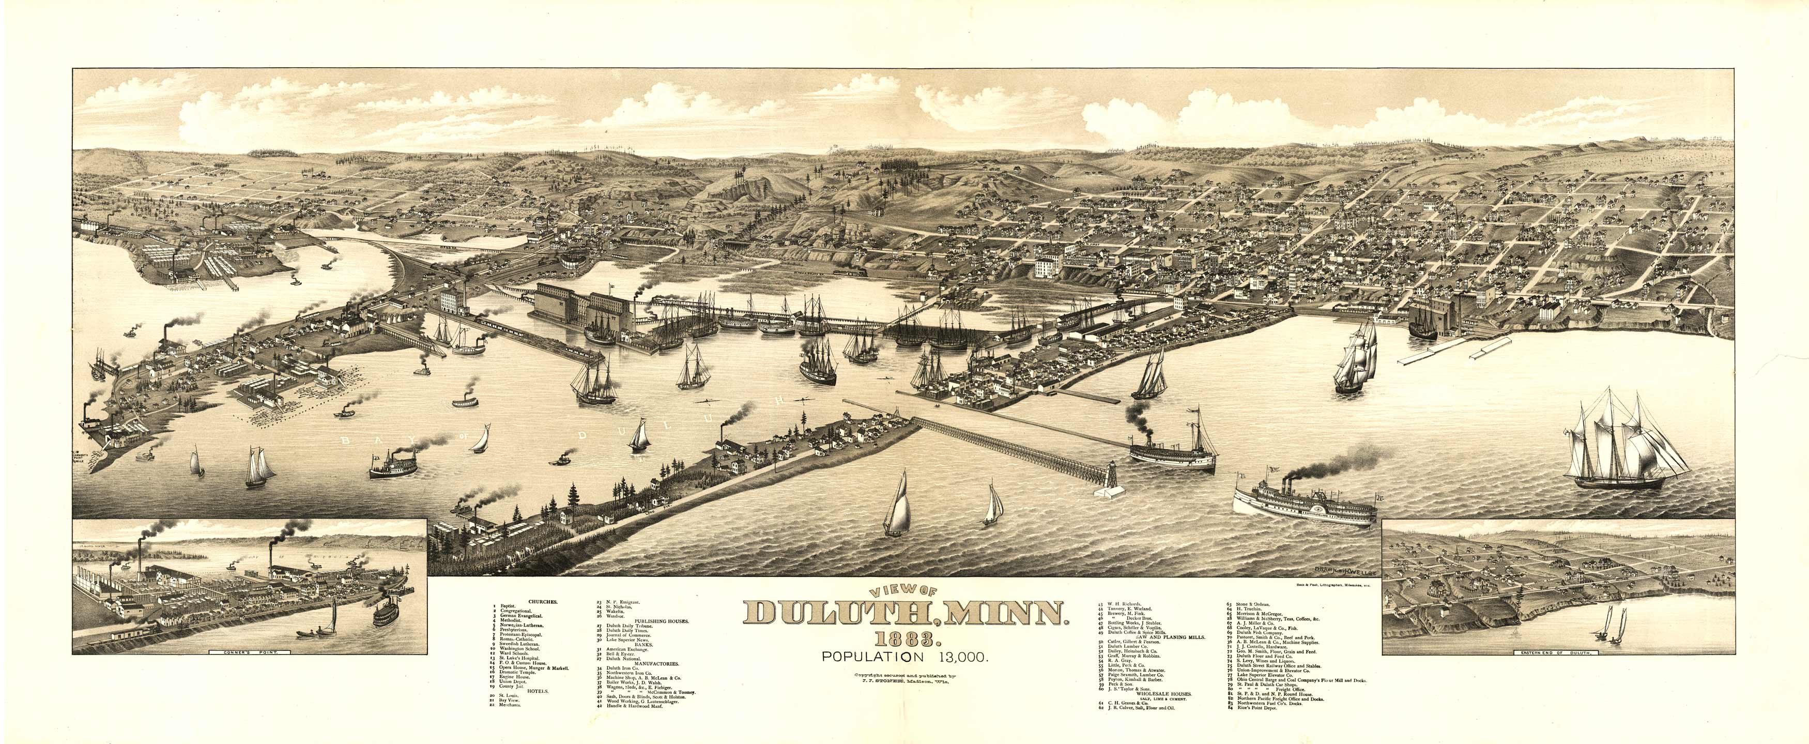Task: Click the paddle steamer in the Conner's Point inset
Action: click(385, 615)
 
